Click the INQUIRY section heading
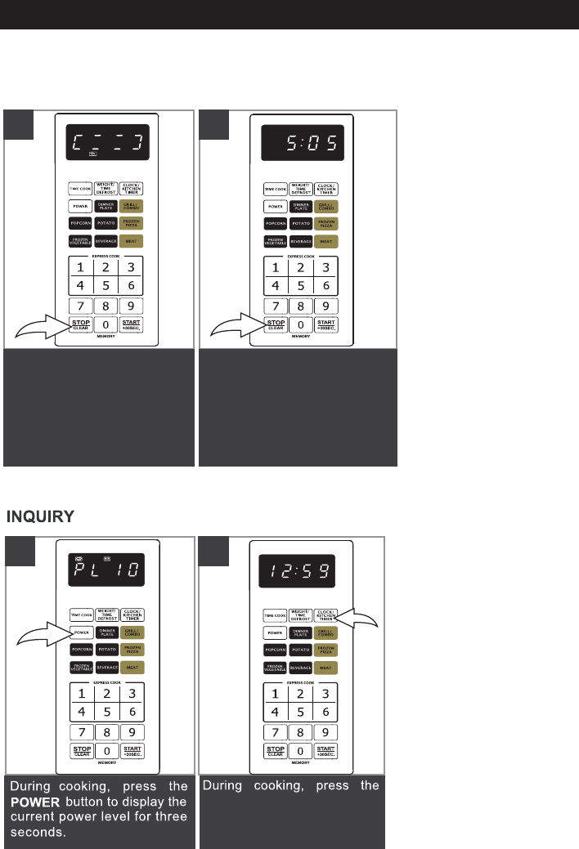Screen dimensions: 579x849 coord(41,516)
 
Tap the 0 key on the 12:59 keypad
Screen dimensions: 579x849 coord(302,750)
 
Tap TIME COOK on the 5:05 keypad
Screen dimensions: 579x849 coord(275,189)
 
